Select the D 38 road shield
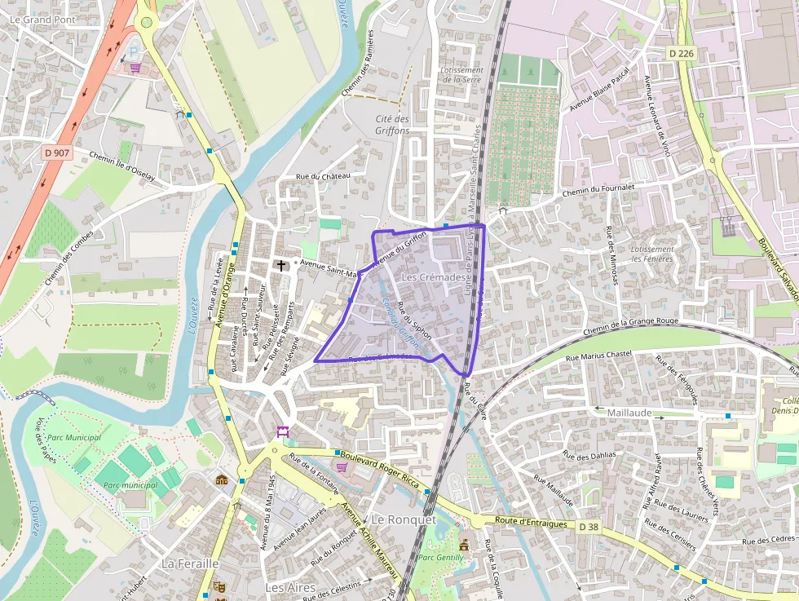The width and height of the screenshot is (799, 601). [x=589, y=528]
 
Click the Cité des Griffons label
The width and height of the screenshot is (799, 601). [x=392, y=124]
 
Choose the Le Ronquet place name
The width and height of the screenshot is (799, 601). [x=404, y=519]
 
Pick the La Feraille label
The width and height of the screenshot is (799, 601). [x=190, y=563]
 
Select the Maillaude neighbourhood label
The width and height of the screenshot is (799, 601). [x=629, y=413]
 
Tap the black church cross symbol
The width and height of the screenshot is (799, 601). [x=281, y=265]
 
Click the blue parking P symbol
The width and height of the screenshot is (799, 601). [x=135, y=52]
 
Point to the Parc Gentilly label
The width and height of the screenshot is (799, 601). [x=440, y=558]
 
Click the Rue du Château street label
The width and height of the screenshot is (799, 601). [x=323, y=176]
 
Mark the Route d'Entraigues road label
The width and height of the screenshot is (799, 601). [x=532, y=521]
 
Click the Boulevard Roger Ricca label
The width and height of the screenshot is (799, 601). [x=380, y=471]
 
